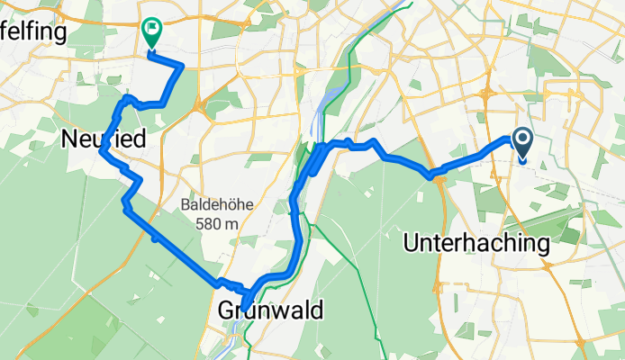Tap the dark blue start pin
(521, 139)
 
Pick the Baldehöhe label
(216, 204)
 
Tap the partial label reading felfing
(33, 33)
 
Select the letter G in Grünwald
(227, 310)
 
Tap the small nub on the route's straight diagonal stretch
(156, 238)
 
